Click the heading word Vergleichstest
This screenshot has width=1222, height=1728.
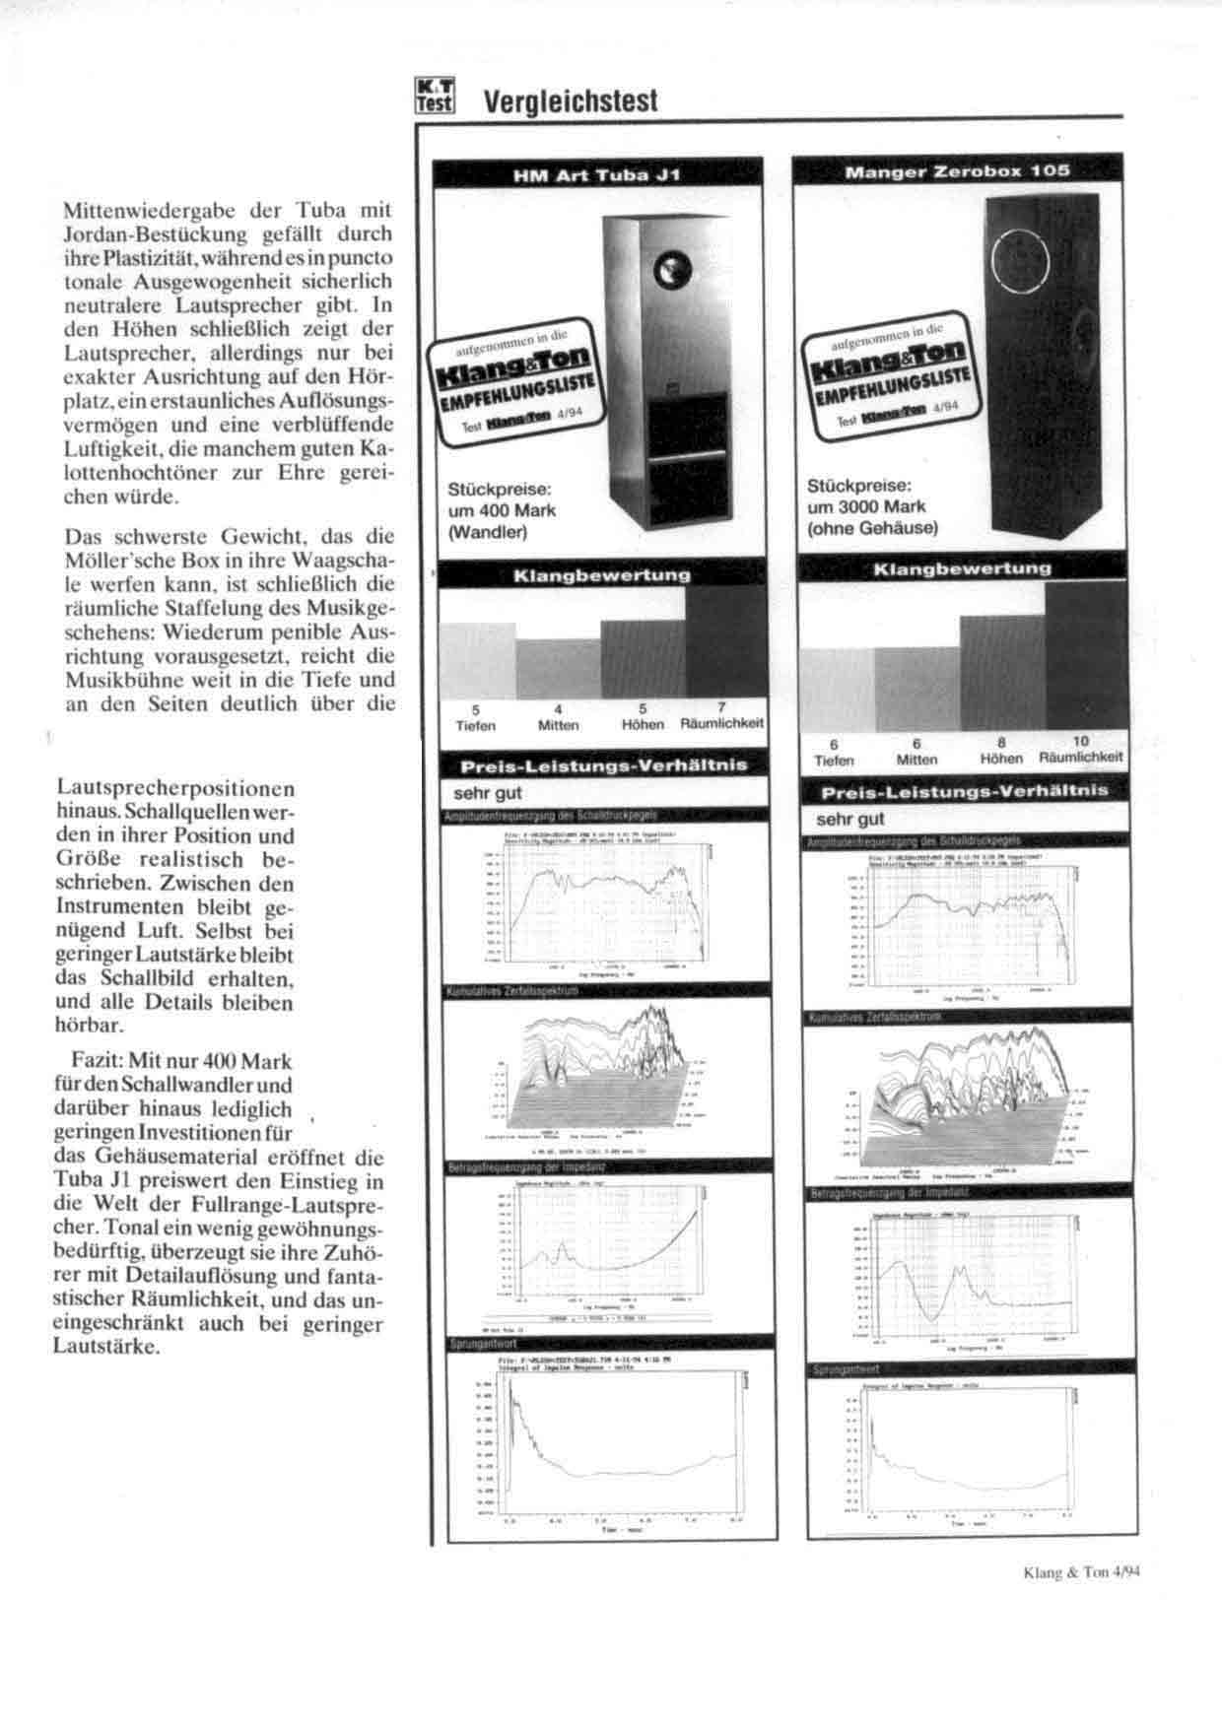tap(570, 100)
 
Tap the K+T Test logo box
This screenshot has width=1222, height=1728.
tap(434, 97)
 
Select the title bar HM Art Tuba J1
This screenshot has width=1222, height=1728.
tap(597, 175)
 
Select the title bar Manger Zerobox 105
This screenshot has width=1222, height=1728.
tap(958, 170)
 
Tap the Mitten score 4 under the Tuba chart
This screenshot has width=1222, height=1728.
tap(558, 709)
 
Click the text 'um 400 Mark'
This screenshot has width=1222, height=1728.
tap(502, 510)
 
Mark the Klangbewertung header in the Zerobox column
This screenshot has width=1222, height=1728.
tap(962, 568)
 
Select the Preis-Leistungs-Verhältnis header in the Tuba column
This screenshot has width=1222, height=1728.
tap(602, 765)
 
